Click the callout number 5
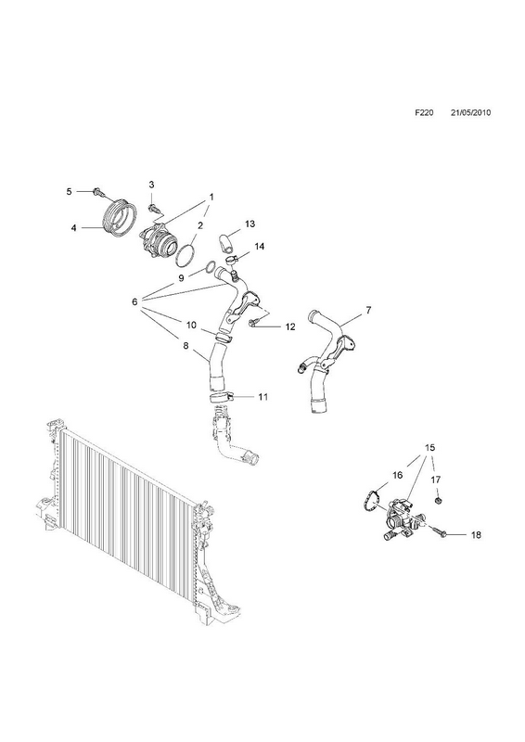click(70, 191)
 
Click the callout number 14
click(259, 246)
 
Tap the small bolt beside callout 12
click(254, 322)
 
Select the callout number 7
click(368, 311)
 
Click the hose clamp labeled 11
click(223, 397)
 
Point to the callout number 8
click(186, 346)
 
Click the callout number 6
click(134, 301)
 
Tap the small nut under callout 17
click(438, 500)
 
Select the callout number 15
click(429, 447)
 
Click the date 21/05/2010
click(470, 112)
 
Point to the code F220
click(424, 112)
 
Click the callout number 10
click(191, 326)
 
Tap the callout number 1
click(211, 197)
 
